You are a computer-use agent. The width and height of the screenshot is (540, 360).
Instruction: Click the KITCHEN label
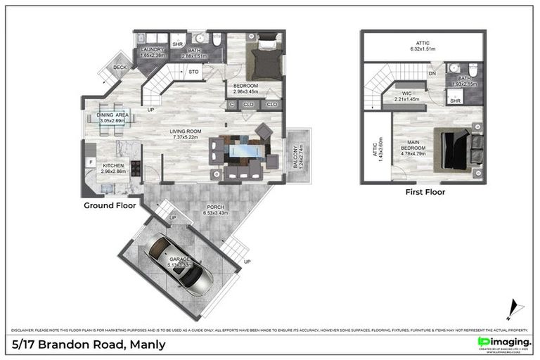(112, 167)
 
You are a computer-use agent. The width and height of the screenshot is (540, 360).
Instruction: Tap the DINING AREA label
(112, 117)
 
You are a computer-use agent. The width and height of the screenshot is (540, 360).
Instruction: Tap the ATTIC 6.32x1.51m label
(423, 46)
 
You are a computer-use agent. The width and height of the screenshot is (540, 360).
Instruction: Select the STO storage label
(194, 72)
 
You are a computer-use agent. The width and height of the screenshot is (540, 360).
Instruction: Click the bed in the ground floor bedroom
(266, 56)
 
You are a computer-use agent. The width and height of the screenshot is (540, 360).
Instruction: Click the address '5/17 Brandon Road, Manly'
(89, 344)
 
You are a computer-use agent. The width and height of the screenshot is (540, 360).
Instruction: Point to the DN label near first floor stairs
(432, 73)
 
